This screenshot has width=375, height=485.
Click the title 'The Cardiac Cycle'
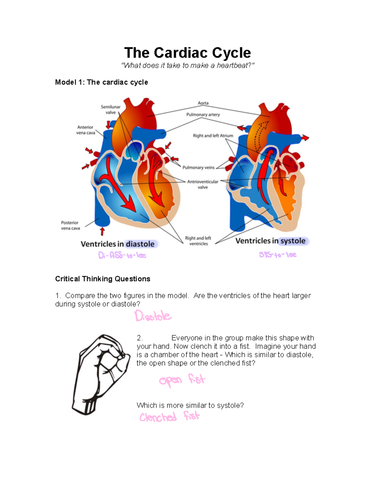(x=187, y=53)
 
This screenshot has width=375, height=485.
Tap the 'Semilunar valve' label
(x=111, y=110)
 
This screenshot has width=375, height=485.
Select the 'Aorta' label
(x=203, y=103)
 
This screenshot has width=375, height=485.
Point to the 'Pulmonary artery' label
(x=203, y=115)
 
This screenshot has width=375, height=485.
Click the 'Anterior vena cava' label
(x=86, y=130)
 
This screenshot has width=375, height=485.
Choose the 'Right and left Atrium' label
(x=213, y=136)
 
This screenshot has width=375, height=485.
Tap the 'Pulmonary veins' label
(x=198, y=168)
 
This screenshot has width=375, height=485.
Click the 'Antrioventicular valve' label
(x=203, y=184)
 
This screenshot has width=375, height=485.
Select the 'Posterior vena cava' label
(x=70, y=225)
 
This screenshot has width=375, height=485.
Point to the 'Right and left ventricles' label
(x=198, y=241)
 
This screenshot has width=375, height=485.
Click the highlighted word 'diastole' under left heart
(x=140, y=244)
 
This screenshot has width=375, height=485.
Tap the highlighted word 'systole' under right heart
(x=293, y=241)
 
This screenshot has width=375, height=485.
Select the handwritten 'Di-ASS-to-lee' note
(x=122, y=255)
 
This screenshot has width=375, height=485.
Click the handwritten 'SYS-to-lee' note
(x=277, y=255)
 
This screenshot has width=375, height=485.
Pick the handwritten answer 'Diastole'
(x=153, y=316)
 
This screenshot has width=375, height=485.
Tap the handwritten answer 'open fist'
(x=182, y=380)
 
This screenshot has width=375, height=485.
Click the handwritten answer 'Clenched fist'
(x=169, y=417)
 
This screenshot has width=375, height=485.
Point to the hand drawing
(x=101, y=374)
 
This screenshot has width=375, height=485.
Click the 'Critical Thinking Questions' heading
(x=102, y=279)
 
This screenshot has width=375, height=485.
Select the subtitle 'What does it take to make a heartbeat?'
(x=187, y=66)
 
